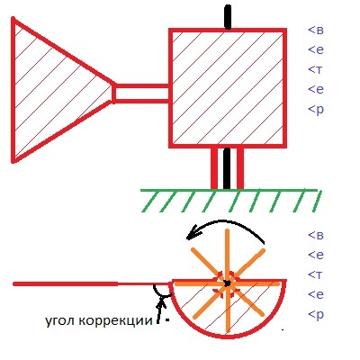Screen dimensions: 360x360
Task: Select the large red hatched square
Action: click(x=228, y=88)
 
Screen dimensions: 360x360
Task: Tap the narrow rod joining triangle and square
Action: click(x=141, y=94)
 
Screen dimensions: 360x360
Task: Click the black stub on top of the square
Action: click(x=228, y=17)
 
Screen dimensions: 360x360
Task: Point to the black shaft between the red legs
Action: click(x=227, y=168)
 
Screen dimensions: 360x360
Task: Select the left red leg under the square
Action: click(x=214, y=168)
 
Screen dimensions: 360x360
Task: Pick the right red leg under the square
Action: click(x=240, y=168)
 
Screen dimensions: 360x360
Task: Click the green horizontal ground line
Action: click(x=229, y=190)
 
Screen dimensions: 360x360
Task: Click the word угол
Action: click(x=60, y=321)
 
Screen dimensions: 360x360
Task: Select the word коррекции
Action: click(x=116, y=321)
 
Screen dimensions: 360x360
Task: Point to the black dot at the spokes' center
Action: click(x=227, y=283)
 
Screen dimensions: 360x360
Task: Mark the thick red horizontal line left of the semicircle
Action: click(x=66, y=283)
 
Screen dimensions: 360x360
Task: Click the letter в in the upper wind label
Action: click(x=319, y=31)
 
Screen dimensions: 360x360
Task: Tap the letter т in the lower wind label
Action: click(x=319, y=274)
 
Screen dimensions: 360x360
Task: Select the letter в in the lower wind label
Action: click(x=319, y=235)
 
